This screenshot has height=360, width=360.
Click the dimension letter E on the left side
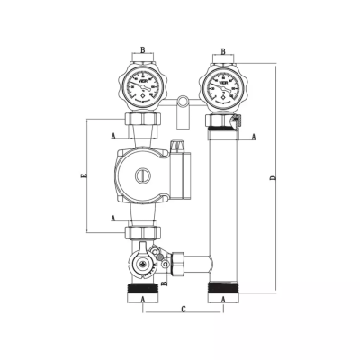pos(84,176)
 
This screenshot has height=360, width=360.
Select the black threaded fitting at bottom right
pos(222,291)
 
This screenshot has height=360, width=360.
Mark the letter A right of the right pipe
pos(254,137)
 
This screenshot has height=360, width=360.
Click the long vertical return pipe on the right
pos(222,207)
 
